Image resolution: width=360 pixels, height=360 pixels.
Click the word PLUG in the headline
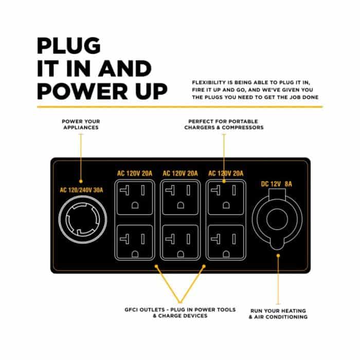coord(68,46)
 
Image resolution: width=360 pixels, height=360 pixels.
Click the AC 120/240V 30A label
coord(81,190)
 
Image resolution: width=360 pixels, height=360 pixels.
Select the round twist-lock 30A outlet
coord(83,219)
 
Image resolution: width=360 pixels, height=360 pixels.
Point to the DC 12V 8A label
coord(277,184)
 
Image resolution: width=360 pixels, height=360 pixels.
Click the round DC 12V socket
coord(277,219)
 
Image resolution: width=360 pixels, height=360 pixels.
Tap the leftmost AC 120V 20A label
coord(135,173)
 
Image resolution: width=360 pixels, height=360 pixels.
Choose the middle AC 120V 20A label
coord(180,173)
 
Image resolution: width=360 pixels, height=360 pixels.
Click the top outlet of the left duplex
coord(135,198)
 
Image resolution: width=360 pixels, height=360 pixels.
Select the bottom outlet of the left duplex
coord(135,242)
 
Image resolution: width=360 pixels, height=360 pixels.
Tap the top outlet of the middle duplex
coord(180,198)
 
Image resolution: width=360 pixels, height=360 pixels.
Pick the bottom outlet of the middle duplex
coord(180,242)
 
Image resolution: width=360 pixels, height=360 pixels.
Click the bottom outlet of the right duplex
coord(226,242)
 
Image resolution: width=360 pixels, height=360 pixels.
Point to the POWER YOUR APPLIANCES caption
coord(81,124)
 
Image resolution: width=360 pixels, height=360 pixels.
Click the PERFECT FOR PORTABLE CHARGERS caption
coord(224,124)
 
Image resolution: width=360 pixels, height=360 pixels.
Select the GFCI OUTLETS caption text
coord(180,313)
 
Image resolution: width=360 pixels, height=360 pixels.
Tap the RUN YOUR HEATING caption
coord(278,314)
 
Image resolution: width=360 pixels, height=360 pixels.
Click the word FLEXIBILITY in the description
coord(209,82)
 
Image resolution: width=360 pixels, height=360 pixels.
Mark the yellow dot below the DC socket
coord(278,256)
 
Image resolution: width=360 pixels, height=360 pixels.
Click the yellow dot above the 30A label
coord(81,182)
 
